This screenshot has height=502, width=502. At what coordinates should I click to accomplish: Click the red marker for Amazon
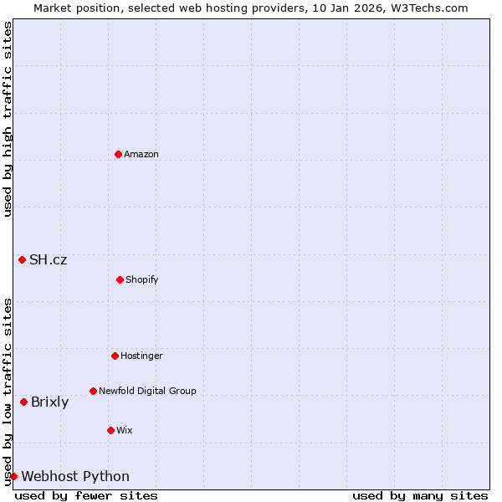coord(118,154)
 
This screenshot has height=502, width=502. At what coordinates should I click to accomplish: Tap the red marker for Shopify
coord(120,279)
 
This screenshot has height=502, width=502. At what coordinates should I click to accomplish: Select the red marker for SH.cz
coord(22,259)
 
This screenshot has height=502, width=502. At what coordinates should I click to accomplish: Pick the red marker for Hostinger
coord(115,356)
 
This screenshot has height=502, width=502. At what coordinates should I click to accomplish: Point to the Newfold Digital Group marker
coord(93,391)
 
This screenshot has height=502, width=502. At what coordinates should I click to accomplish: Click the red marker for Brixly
coord(23,402)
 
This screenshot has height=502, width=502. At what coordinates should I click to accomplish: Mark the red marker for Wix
coord(110,430)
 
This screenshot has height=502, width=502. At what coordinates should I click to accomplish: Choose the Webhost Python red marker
coord(13,476)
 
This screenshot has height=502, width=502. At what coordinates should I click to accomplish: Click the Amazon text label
coord(141,154)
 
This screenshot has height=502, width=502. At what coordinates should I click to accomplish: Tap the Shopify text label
coord(142,279)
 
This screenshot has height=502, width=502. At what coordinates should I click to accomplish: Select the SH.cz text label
coord(49,259)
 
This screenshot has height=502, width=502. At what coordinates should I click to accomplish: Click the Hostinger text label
coord(141,356)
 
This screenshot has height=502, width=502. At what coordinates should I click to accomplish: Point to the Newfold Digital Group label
coord(147,391)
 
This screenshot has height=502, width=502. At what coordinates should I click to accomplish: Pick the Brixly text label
coord(50,402)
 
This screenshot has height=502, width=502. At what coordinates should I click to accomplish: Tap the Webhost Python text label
coord(75,476)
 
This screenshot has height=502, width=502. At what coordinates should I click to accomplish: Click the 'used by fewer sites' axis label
coord(86,495)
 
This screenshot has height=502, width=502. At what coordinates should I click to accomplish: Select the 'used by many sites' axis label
coord(420,495)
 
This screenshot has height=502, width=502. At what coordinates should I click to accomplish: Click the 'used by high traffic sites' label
coord(8,119)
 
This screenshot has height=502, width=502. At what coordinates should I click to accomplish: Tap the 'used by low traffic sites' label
coord(8,392)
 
